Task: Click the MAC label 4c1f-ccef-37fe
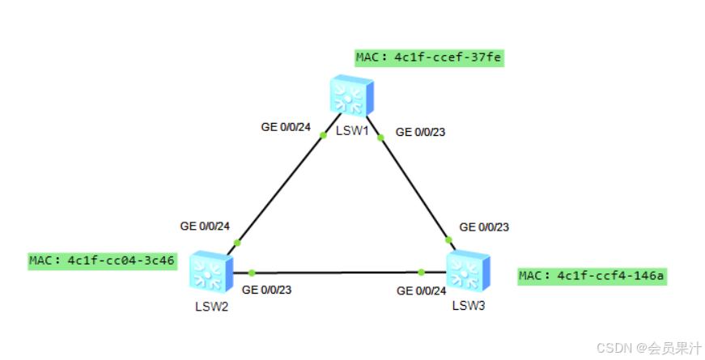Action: [x=429, y=57]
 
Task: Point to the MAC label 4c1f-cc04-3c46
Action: [x=102, y=260]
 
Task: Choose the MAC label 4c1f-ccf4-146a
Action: [x=592, y=276]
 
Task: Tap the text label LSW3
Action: [x=469, y=305]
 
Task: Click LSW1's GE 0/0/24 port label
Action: [x=286, y=126]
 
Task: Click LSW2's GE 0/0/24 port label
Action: [x=206, y=226]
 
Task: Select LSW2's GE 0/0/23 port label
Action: [x=267, y=289]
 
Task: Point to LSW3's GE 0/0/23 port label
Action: [x=484, y=227]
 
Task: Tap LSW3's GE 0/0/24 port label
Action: [x=421, y=290]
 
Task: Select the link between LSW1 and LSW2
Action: [x=279, y=188]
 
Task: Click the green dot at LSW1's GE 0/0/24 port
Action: [x=323, y=135]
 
